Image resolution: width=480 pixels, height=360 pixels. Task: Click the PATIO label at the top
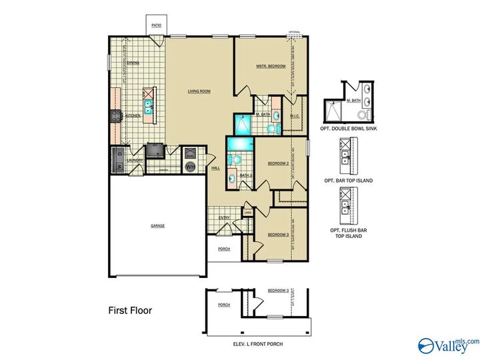tap(156, 25)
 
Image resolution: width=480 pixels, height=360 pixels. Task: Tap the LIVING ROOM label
tap(199, 91)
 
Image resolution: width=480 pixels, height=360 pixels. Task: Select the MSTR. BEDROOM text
tap(271, 66)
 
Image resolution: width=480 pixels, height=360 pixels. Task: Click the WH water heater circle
tap(190, 166)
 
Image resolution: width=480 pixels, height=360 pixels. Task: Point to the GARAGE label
tap(157, 225)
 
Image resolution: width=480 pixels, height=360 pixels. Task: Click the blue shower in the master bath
tap(243, 124)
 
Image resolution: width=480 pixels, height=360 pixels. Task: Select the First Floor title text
tap(130, 311)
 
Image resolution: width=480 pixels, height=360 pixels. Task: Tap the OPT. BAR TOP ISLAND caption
tap(349, 181)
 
